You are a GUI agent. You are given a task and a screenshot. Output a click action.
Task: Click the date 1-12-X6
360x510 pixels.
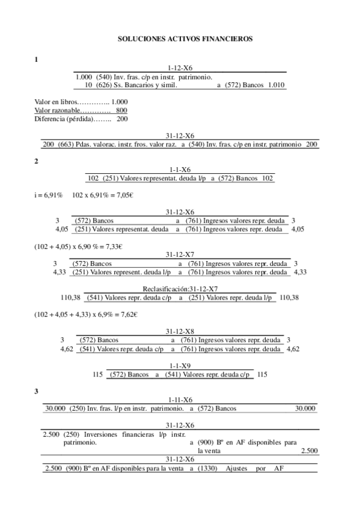tap(180, 69)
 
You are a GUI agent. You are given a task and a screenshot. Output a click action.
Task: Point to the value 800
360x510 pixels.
tap(121, 111)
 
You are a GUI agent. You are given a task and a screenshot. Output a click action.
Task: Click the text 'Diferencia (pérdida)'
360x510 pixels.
tap(63, 119)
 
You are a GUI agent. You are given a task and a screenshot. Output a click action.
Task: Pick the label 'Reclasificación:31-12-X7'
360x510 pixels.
tap(180, 289)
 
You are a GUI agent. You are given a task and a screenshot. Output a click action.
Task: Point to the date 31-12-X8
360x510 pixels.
tap(180, 331)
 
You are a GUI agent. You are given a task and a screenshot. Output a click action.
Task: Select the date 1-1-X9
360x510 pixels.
tap(180, 365)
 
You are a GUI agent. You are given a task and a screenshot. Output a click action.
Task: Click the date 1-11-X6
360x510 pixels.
tap(180, 400)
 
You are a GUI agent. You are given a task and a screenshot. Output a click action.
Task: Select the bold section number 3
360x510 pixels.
tap(37, 392)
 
